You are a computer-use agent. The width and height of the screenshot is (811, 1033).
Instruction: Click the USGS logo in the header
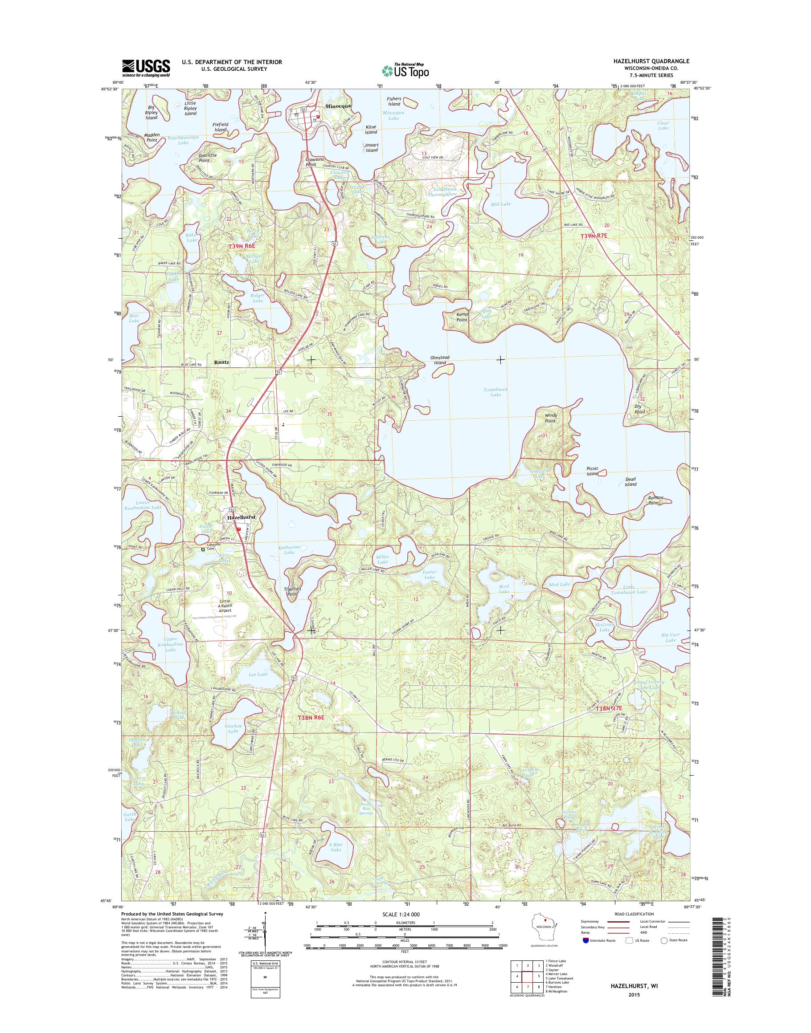[146, 68]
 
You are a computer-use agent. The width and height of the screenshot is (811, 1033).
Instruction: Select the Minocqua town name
[338, 106]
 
